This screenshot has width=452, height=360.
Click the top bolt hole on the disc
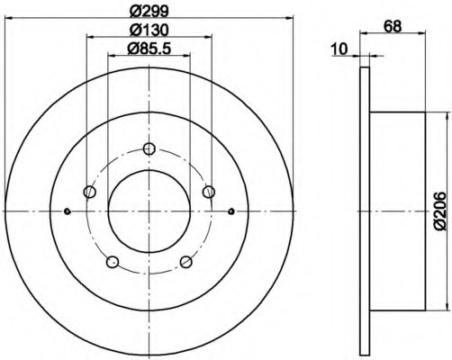tap(149, 149)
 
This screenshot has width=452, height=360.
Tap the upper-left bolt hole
tap(89, 191)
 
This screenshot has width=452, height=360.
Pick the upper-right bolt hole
tap(209, 191)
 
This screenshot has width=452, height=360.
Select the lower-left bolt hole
tap(113, 261)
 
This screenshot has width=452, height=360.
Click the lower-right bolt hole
tap(185, 261)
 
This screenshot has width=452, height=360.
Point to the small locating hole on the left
tap(68, 211)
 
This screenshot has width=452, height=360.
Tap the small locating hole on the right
tap(231, 211)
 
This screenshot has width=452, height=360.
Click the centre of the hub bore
tap(149, 211)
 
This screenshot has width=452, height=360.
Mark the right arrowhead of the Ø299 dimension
tap(290, 16)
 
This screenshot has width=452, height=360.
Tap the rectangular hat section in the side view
tap(397, 211)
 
